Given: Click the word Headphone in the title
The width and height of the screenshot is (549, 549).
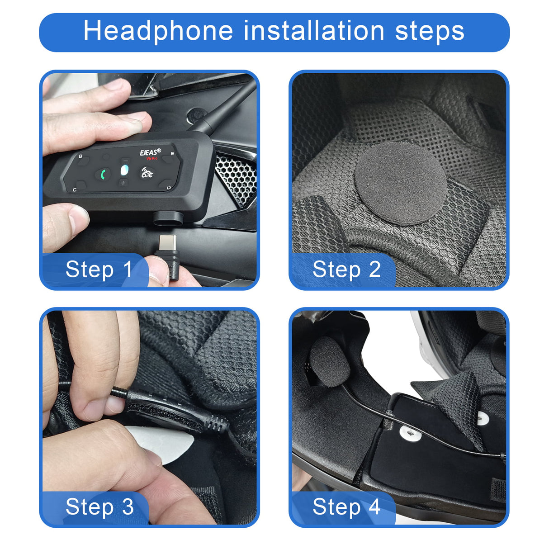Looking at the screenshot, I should click(x=158, y=31).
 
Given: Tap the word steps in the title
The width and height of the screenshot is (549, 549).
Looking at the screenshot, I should click(x=430, y=31).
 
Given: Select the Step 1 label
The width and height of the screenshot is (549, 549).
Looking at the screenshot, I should click(x=99, y=270).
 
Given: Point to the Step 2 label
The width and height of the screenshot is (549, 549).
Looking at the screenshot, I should click(x=346, y=270).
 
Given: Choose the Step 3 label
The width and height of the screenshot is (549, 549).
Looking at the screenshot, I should click(x=99, y=506).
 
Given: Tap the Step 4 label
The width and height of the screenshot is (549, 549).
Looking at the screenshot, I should click(x=346, y=506).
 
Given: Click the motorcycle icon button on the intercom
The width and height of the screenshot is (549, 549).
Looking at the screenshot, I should click(x=147, y=172).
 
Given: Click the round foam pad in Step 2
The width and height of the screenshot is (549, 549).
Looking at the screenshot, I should click(x=400, y=183).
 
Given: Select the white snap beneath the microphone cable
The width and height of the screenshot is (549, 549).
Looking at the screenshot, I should click(x=411, y=435).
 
